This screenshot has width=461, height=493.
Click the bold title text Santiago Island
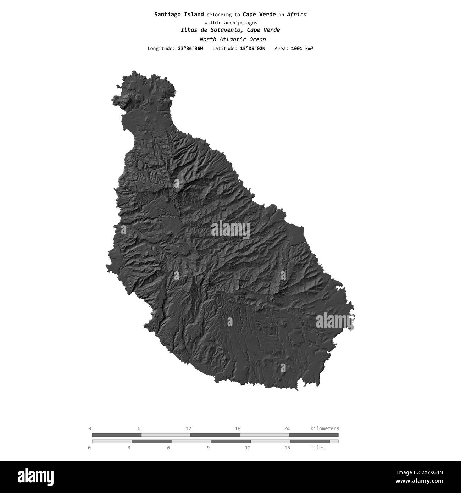(179, 15)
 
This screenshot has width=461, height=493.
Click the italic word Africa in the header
(296, 15)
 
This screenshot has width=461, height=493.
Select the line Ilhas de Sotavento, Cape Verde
(230, 30)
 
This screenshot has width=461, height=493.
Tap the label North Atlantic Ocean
(232, 39)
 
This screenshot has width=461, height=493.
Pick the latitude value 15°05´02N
(252, 48)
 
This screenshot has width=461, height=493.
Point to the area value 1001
(296, 48)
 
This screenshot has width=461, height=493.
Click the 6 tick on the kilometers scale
(139, 428)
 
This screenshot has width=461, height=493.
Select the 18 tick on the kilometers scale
(238, 428)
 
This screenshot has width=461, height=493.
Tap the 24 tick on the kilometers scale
(287, 428)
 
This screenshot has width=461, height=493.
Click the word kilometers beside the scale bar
(324, 428)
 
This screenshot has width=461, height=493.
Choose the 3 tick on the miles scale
(129, 448)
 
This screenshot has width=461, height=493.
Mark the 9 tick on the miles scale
(208, 448)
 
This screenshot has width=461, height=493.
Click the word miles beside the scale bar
(317, 448)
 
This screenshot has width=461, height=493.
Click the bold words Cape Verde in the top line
(259, 15)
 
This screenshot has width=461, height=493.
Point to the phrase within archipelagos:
(230, 22)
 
